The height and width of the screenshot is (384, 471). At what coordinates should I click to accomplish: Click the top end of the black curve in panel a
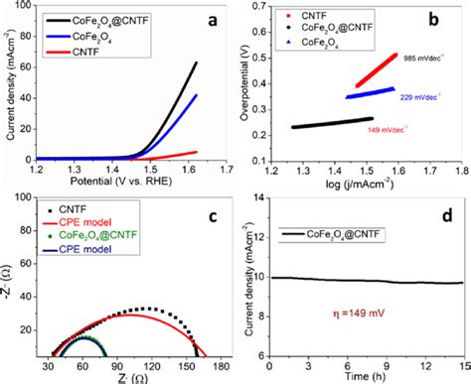(196, 63)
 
